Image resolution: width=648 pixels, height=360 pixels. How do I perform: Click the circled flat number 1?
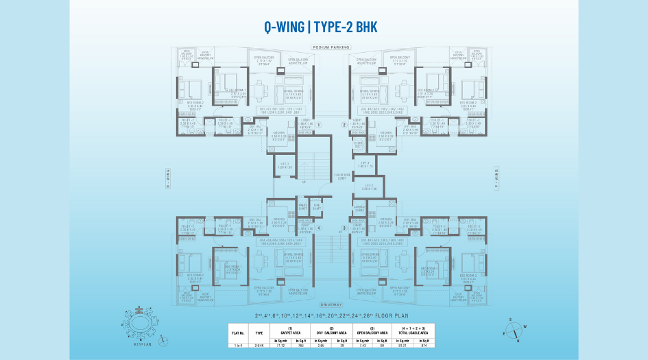(x=319, y=125)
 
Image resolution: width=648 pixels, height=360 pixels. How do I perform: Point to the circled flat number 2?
(x=344, y=125)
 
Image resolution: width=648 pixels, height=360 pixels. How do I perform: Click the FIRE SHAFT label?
(x=317, y=205)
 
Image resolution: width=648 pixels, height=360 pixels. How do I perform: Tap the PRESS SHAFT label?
(x=302, y=205)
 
